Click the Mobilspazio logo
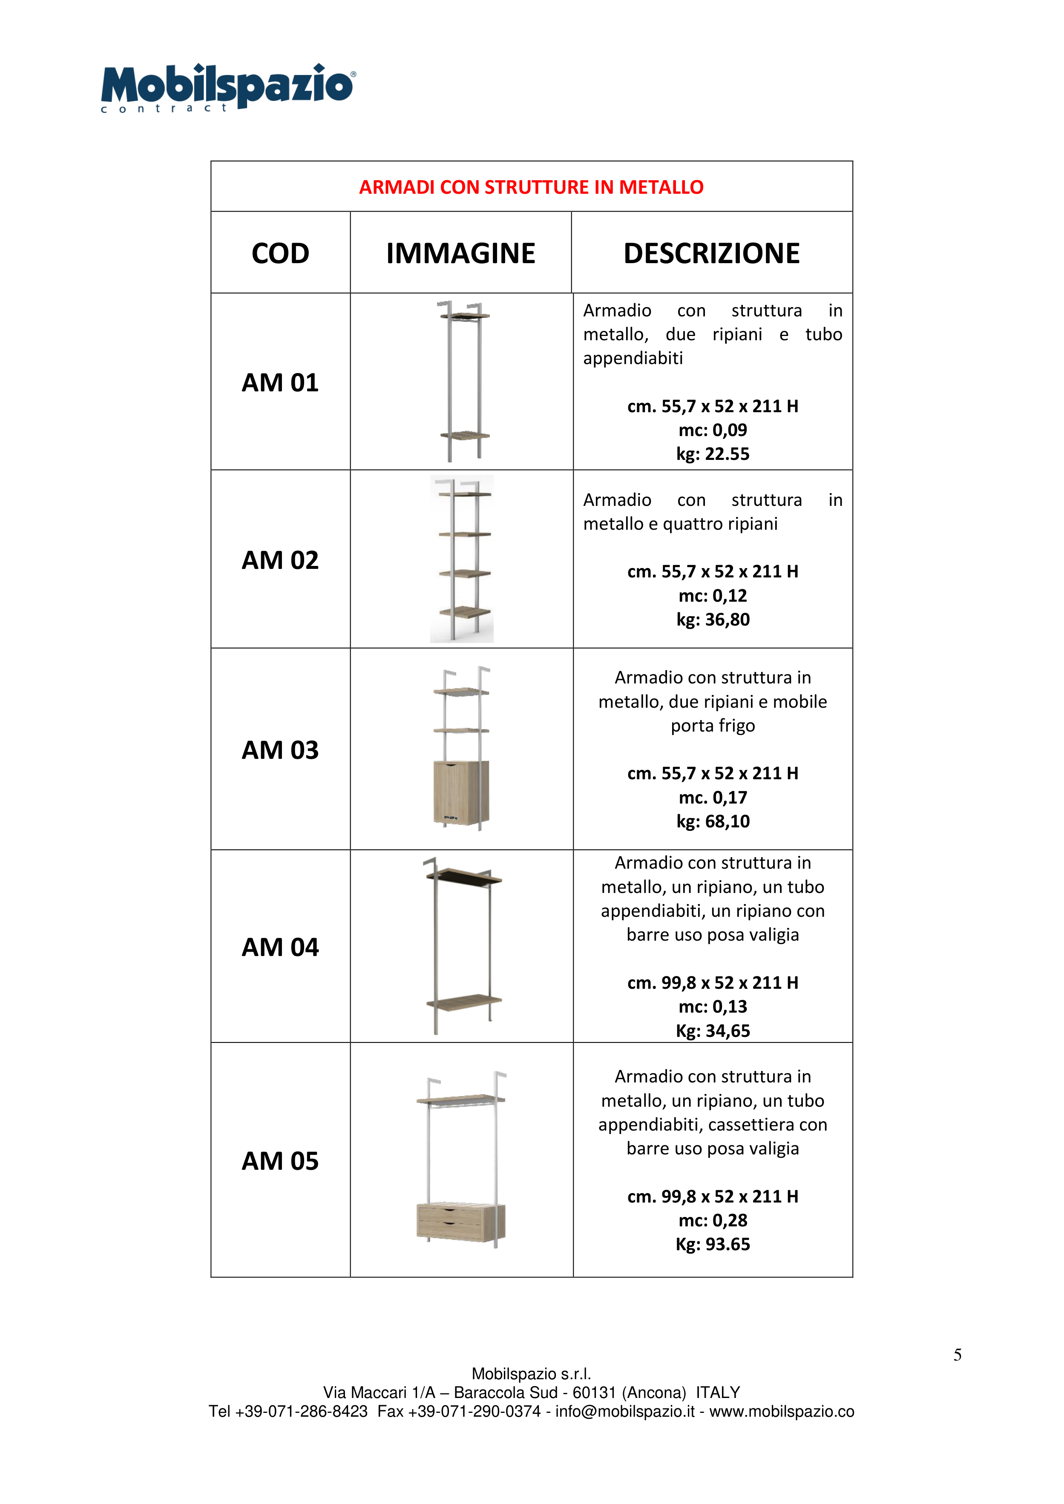click(227, 87)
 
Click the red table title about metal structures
click(531, 187)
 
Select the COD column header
click(280, 253)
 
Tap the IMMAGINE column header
click(460, 253)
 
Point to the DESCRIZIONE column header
click(711, 253)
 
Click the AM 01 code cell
click(280, 382)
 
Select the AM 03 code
click(280, 750)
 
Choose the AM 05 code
click(280, 1161)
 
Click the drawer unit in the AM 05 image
click(460, 1222)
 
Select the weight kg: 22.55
click(713, 454)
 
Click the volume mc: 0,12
click(713, 595)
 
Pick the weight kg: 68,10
click(713, 821)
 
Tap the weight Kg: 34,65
click(713, 1030)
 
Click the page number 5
click(957, 1355)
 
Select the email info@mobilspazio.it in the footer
click(625, 1411)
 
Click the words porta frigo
click(713, 726)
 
